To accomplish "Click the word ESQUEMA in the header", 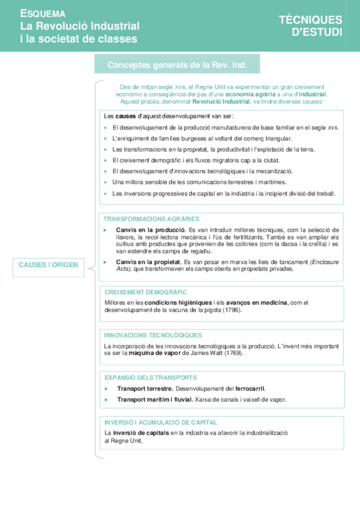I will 43,13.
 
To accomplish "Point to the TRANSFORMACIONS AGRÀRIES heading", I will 151,219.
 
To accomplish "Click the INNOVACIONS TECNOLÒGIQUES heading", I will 153,335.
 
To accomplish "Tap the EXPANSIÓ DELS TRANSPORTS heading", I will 150,378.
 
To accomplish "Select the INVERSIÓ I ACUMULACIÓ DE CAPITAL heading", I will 160,422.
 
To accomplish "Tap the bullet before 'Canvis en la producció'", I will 105,230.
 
